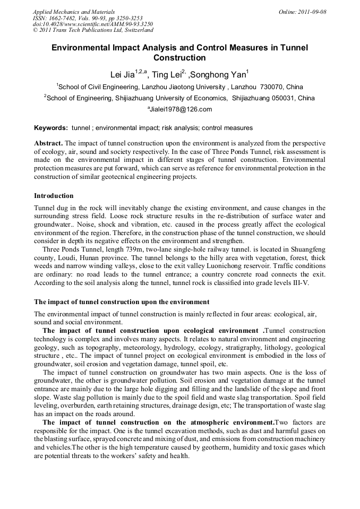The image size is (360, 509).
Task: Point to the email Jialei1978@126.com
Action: (179, 110)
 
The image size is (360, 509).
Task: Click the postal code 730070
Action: (273, 87)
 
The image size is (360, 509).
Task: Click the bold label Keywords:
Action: (51, 128)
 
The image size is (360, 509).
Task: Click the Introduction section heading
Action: (54, 196)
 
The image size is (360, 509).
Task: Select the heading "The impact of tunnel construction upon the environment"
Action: (122, 302)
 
